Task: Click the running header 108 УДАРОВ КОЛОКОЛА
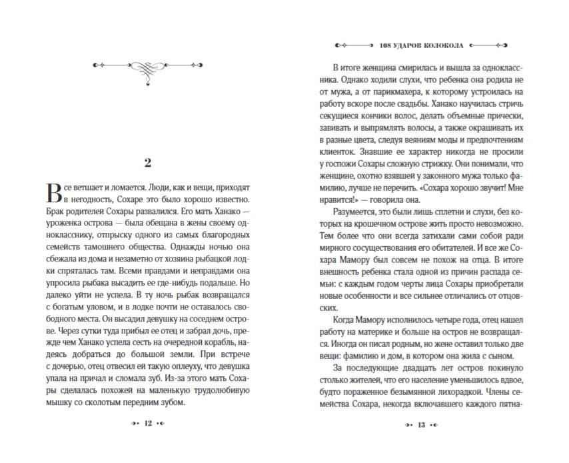[x=420, y=45]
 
